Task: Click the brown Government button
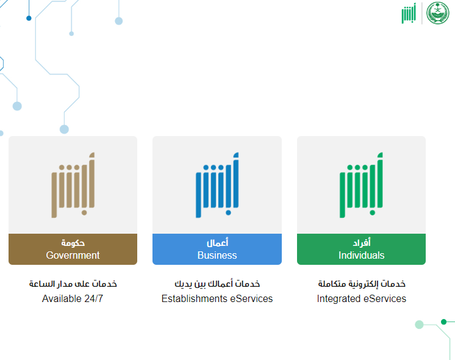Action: (x=73, y=249)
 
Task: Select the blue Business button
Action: (x=217, y=249)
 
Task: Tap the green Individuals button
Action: (x=361, y=249)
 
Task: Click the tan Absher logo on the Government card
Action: (x=73, y=185)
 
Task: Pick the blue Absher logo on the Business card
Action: (x=217, y=185)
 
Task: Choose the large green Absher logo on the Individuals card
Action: (x=361, y=185)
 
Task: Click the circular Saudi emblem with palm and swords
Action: (x=437, y=13)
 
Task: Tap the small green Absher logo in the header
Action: (x=409, y=13)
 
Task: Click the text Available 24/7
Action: (x=73, y=298)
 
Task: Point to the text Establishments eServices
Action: (x=217, y=298)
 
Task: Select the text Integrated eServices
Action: (x=361, y=298)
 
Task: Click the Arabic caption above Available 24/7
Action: (x=73, y=284)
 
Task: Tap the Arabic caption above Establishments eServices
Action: (x=217, y=284)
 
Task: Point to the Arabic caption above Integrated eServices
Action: (x=362, y=284)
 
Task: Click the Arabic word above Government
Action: (x=73, y=242)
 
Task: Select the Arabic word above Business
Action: (x=217, y=242)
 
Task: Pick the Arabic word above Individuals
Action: (x=362, y=242)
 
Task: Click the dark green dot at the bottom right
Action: (x=443, y=322)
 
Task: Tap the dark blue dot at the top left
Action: (x=29, y=18)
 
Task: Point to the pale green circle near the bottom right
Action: (x=419, y=325)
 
